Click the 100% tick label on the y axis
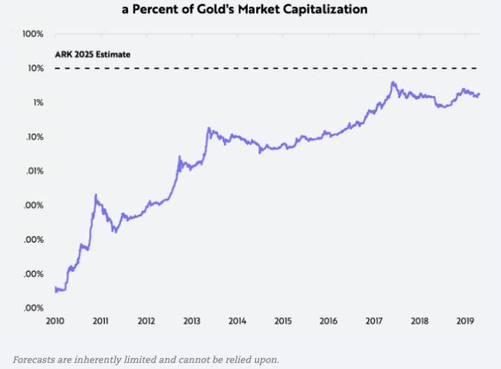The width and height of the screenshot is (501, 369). [x=33, y=34]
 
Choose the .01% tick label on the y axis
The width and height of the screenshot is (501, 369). [x=34, y=171]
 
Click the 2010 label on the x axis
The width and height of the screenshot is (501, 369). [x=55, y=321]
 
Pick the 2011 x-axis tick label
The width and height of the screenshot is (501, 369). [x=100, y=321]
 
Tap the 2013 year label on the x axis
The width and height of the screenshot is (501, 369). [x=191, y=321]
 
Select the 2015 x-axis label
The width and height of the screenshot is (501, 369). [x=283, y=321]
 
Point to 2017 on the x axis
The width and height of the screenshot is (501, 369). [x=374, y=321]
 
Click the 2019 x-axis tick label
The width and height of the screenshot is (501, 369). [x=465, y=321]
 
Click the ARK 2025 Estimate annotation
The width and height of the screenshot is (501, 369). [x=93, y=54]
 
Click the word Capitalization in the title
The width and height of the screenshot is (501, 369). [x=334, y=10]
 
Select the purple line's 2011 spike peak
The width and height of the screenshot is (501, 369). [x=95, y=195]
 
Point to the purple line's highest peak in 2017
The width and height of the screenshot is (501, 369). [x=393, y=82]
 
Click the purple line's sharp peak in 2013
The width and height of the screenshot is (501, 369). [x=208, y=128]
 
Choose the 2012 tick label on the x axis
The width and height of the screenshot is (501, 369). [x=146, y=321]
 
